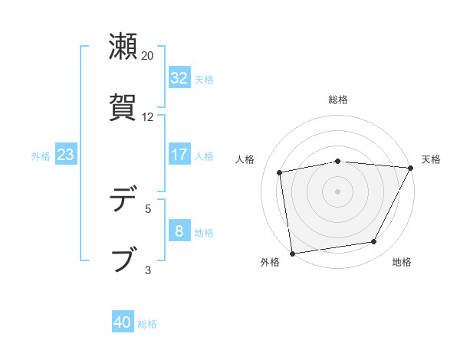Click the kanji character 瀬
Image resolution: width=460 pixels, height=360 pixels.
[x=123, y=47]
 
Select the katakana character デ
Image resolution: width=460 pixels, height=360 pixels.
[x=123, y=200]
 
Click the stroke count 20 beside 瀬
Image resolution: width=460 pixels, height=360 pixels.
[x=148, y=56]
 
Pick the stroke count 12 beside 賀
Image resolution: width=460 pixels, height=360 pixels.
[x=148, y=117]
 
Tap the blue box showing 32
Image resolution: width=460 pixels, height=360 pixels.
[x=179, y=78]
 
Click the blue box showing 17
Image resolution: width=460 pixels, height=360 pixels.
[x=179, y=155]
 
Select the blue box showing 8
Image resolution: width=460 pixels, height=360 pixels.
[x=179, y=232]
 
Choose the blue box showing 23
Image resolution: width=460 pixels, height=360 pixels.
[x=65, y=155]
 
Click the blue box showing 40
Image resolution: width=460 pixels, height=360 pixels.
[x=123, y=323]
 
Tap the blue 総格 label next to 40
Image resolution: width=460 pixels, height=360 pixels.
[x=147, y=324]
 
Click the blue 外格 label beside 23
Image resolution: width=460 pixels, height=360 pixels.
[x=41, y=156]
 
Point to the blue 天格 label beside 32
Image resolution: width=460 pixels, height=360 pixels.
[x=204, y=79]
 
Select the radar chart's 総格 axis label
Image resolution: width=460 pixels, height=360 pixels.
[x=338, y=100]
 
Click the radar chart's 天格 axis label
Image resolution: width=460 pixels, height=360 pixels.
[x=431, y=159]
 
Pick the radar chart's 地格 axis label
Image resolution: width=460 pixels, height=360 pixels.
[x=402, y=262]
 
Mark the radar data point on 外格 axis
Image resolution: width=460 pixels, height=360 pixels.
[x=292, y=253]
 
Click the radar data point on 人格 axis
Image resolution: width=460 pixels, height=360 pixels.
[x=280, y=172]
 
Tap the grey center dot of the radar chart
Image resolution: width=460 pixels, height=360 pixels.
[x=338, y=191]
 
